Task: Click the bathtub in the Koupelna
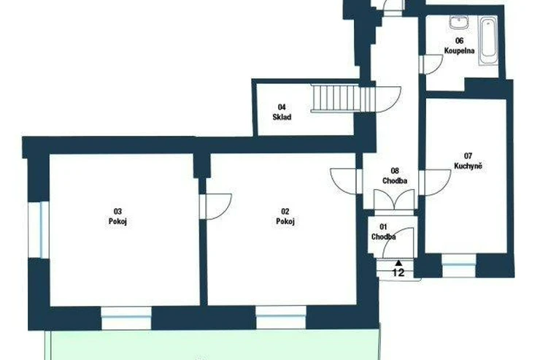tap(488, 41)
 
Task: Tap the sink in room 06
tap(459, 22)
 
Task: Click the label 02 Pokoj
tap(285, 216)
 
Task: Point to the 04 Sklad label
tap(282, 112)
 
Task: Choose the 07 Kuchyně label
tap(468, 161)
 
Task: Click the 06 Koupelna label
tap(459, 46)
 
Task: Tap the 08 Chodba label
tap(395, 176)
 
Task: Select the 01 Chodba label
tap(383, 232)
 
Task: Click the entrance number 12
tap(398, 272)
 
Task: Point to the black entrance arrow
tap(398, 263)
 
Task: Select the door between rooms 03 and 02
tap(215, 206)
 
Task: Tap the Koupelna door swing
tap(431, 64)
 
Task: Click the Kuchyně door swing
tap(436, 183)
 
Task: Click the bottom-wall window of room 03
tap(126, 318)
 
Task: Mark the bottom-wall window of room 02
tap(281, 318)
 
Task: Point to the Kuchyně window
tap(459, 265)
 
